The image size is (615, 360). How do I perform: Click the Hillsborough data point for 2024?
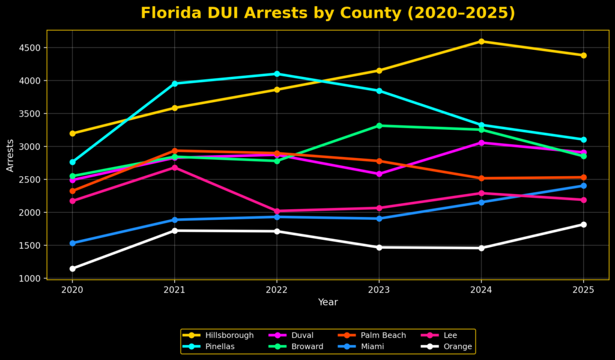(x=481, y=41)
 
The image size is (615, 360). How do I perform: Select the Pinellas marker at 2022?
(x=277, y=74)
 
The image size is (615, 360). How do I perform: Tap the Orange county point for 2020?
(x=72, y=269)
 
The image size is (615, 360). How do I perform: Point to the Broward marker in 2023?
(x=379, y=126)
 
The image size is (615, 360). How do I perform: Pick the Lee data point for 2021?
(x=175, y=167)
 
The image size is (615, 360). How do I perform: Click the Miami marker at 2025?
(x=583, y=186)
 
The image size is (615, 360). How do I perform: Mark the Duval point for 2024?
(x=481, y=142)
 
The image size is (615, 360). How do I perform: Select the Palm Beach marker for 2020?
(x=72, y=191)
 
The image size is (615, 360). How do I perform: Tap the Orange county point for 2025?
(x=583, y=225)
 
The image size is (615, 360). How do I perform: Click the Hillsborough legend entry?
(x=229, y=335)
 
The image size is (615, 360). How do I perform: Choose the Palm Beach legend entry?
(x=383, y=335)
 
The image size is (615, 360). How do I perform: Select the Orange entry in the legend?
(x=458, y=347)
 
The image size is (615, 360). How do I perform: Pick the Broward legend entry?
(x=306, y=347)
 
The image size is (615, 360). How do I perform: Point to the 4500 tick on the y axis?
(x=29, y=47)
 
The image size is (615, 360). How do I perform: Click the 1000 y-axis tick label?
(x=29, y=278)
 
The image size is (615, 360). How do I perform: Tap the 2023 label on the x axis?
(x=379, y=289)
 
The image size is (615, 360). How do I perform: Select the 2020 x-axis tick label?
(x=72, y=289)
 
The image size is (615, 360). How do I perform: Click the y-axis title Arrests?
(x=10, y=155)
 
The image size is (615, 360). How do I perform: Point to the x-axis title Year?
(x=328, y=302)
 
